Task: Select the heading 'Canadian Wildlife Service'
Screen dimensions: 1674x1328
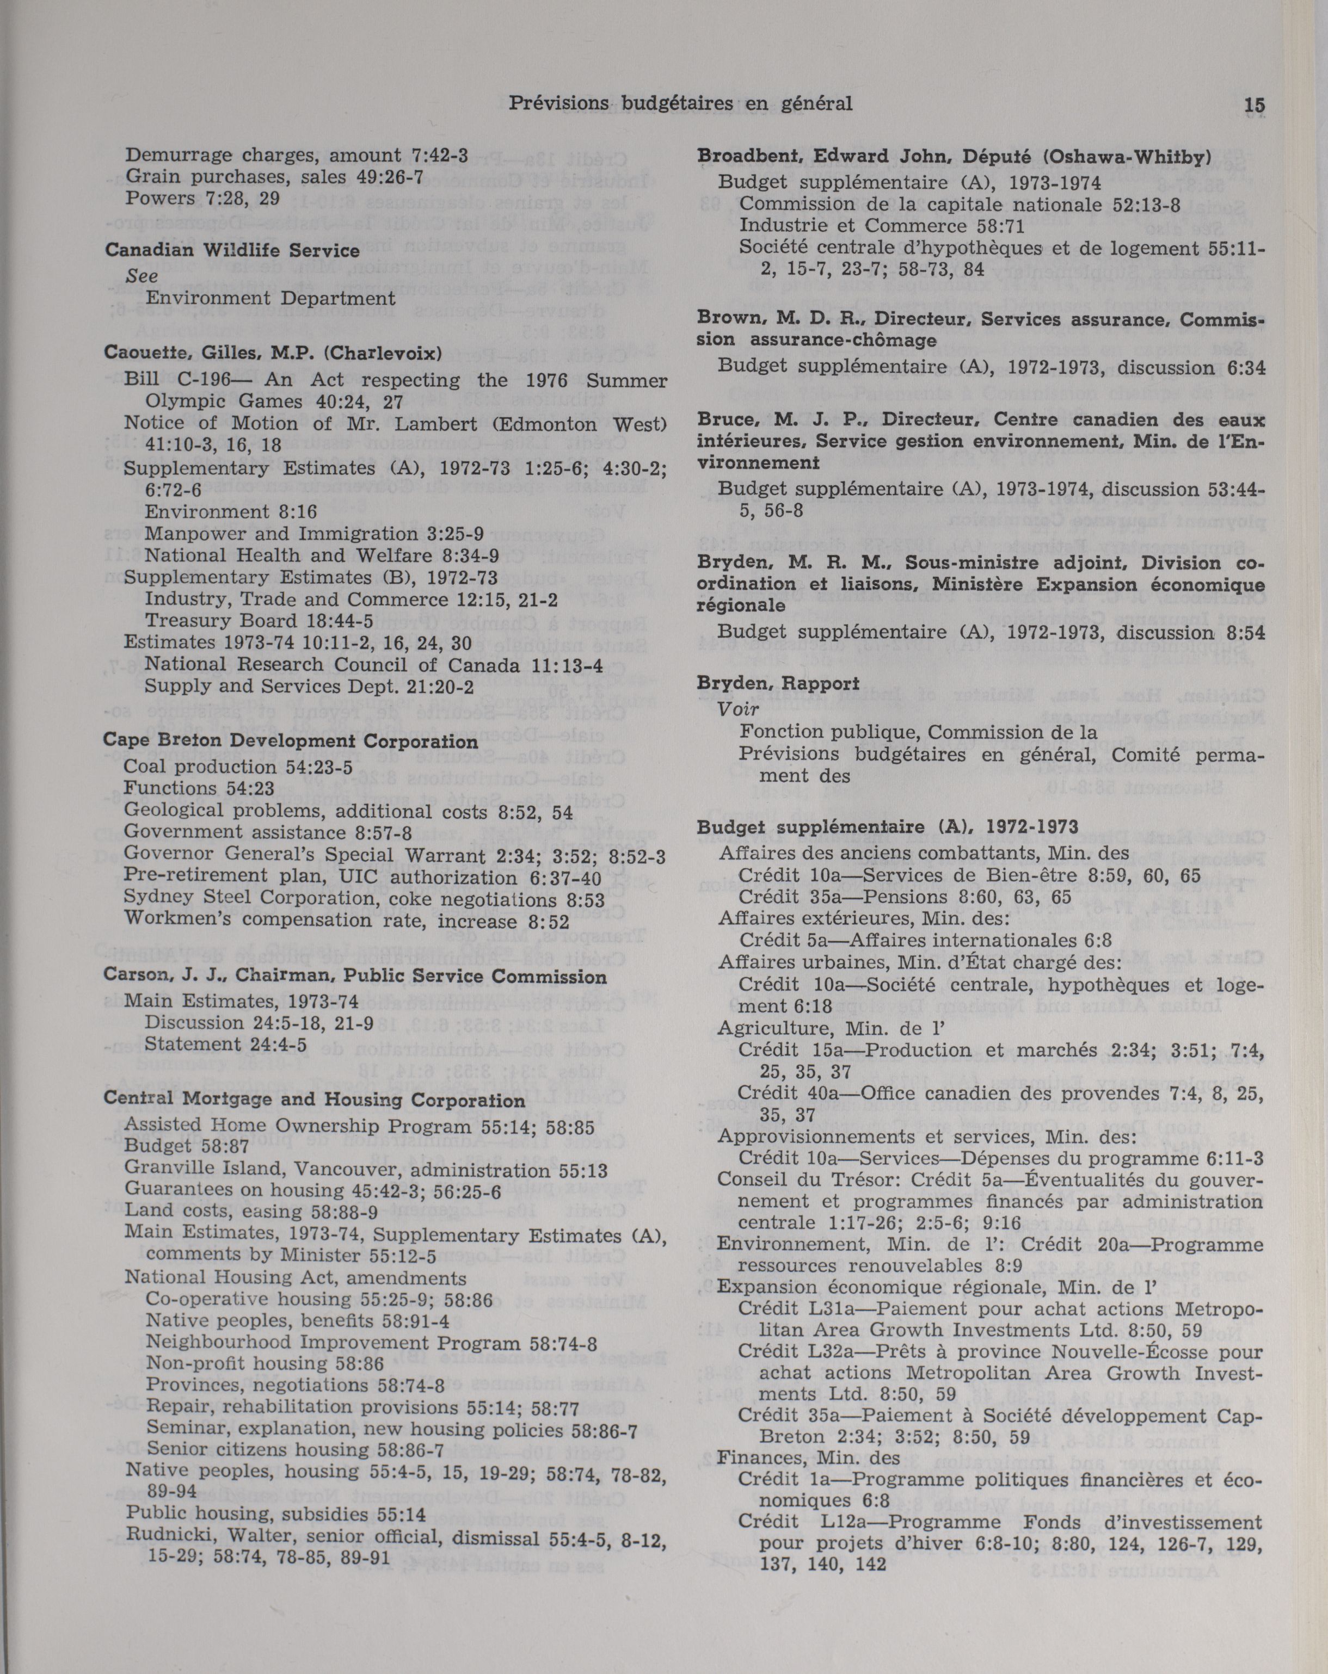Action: (232, 251)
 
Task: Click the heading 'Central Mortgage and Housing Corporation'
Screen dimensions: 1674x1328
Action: (313, 1100)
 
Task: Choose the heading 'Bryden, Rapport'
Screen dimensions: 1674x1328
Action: (778, 683)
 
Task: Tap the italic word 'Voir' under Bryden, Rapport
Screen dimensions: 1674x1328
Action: (738, 708)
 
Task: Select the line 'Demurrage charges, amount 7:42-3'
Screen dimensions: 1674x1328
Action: (297, 155)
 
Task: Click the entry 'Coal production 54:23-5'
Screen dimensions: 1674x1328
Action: (238, 767)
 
